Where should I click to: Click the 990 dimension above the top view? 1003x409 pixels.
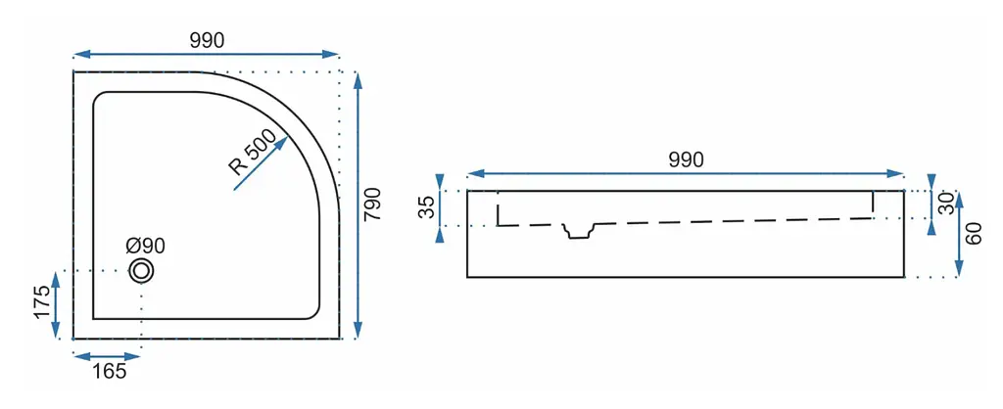[x=207, y=40]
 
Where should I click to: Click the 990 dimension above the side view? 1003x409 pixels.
[x=686, y=159]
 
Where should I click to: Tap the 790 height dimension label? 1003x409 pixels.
[x=372, y=204]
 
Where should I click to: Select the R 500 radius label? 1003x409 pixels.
[x=252, y=153]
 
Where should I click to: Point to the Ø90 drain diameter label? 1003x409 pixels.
[x=145, y=246]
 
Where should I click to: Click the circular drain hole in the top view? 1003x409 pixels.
[x=141, y=271]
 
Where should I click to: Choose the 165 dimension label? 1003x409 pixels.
[x=109, y=371]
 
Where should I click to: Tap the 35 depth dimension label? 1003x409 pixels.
[x=427, y=207]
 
